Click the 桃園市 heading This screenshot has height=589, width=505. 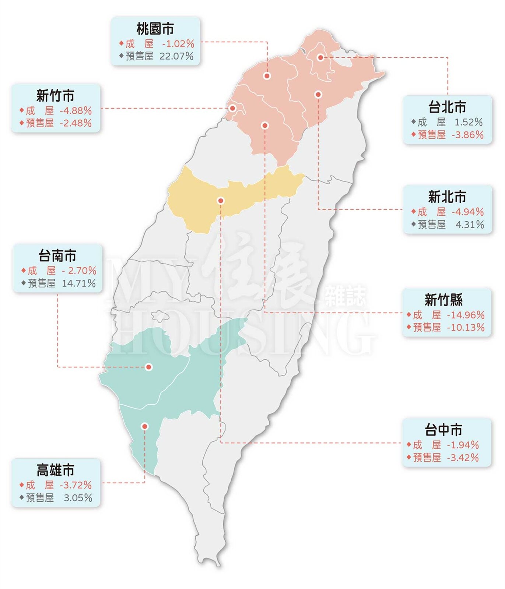[x=155, y=29]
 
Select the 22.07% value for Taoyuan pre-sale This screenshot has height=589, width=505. [x=176, y=56]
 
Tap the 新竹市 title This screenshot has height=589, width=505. [x=55, y=96]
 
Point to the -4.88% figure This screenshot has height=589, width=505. [x=76, y=110]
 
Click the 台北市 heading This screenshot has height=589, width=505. [x=447, y=107]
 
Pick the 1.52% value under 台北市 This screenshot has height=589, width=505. [x=469, y=122]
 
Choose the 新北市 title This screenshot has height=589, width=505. [x=447, y=197]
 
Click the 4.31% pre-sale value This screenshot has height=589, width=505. [x=470, y=225]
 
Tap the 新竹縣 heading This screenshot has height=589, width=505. [x=444, y=300]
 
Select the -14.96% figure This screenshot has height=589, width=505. [x=466, y=315]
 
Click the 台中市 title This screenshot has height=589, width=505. [x=443, y=430]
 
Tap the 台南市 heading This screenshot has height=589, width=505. [x=57, y=256]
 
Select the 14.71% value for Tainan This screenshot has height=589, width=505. [x=79, y=283]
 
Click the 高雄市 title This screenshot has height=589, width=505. [x=55, y=470]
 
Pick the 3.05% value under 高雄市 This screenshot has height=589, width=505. [x=78, y=498]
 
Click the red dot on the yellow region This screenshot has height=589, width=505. [x=221, y=201]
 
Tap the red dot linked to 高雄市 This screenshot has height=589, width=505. [x=145, y=426]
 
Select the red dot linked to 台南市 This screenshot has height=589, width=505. [x=149, y=367]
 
